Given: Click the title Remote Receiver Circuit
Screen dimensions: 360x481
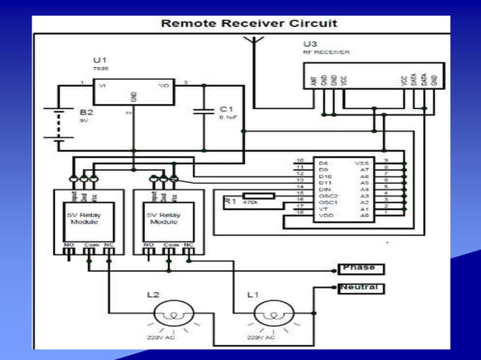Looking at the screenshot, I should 249,23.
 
